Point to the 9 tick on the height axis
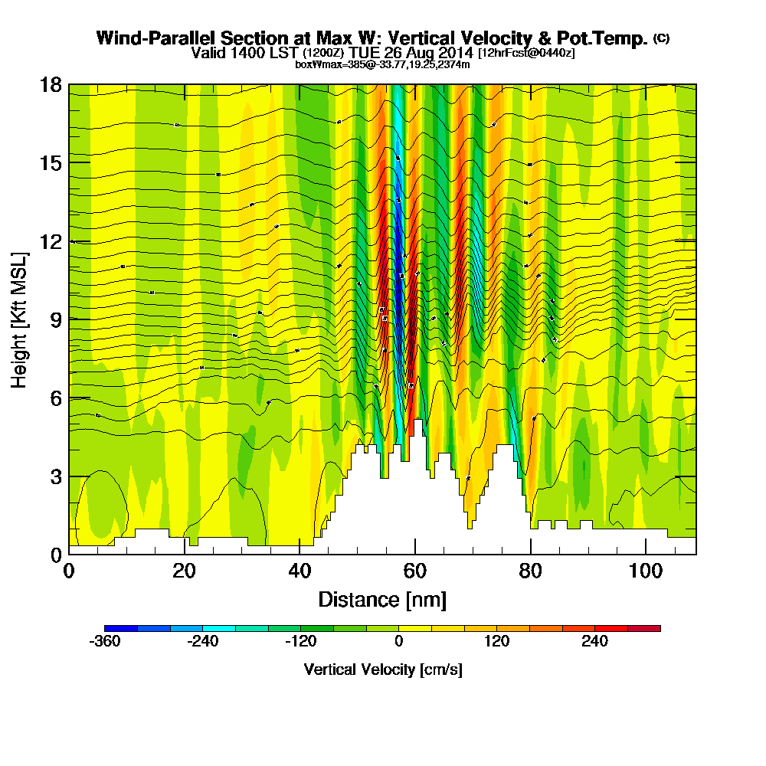tap(69, 319)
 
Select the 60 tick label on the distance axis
tap(414, 572)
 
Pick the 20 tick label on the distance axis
tap(184, 572)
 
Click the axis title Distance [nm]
tap(382, 599)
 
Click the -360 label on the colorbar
tap(104, 642)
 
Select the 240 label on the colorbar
tap(594, 642)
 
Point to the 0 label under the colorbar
tap(399, 642)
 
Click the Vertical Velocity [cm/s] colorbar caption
tap(383, 669)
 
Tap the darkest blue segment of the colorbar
tap(121, 628)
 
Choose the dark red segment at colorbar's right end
tap(643, 628)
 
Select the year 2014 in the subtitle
tap(455, 54)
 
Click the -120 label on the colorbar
tap(300, 642)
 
